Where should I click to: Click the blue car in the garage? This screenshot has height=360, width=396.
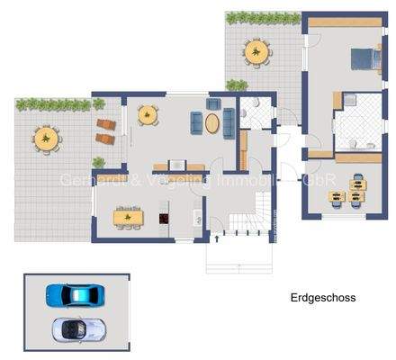73,295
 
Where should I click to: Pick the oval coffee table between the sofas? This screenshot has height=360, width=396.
213,123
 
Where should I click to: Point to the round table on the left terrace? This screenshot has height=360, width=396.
46,139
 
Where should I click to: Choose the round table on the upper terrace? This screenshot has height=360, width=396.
256,53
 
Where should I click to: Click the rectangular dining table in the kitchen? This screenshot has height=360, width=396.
129,216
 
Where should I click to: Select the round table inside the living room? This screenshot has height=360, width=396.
146,114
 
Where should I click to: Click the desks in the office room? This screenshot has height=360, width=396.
358,191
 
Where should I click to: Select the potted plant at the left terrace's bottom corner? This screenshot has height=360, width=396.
98,163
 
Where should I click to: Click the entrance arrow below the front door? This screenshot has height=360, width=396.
239,266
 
